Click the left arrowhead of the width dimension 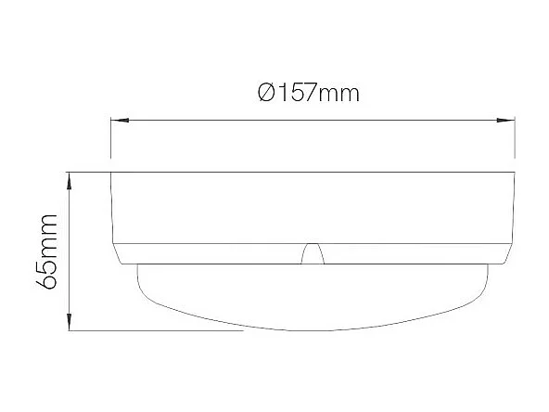point(118,120)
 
